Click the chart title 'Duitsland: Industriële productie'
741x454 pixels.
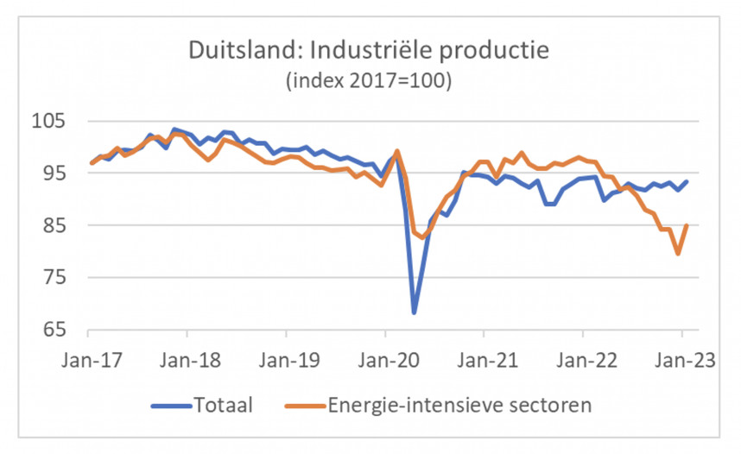tap(369, 50)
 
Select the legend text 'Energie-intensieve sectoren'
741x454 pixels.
tap(458, 404)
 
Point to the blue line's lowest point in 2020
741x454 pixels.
tap(415, 312)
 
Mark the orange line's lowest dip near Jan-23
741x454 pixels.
tap(678, 254)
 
